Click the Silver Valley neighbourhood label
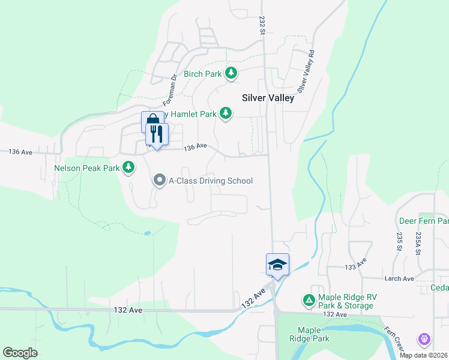tap(268, 98)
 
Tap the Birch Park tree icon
tap(231, 73)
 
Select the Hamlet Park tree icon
tap(225, 113)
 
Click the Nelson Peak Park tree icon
tap(128, 167)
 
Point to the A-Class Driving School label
tap(211, 181)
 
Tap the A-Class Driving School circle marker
tap(159, 180)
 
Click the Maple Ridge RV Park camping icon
tap(309, 299)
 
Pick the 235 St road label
tap(399, 241)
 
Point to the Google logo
tap(20, 352)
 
